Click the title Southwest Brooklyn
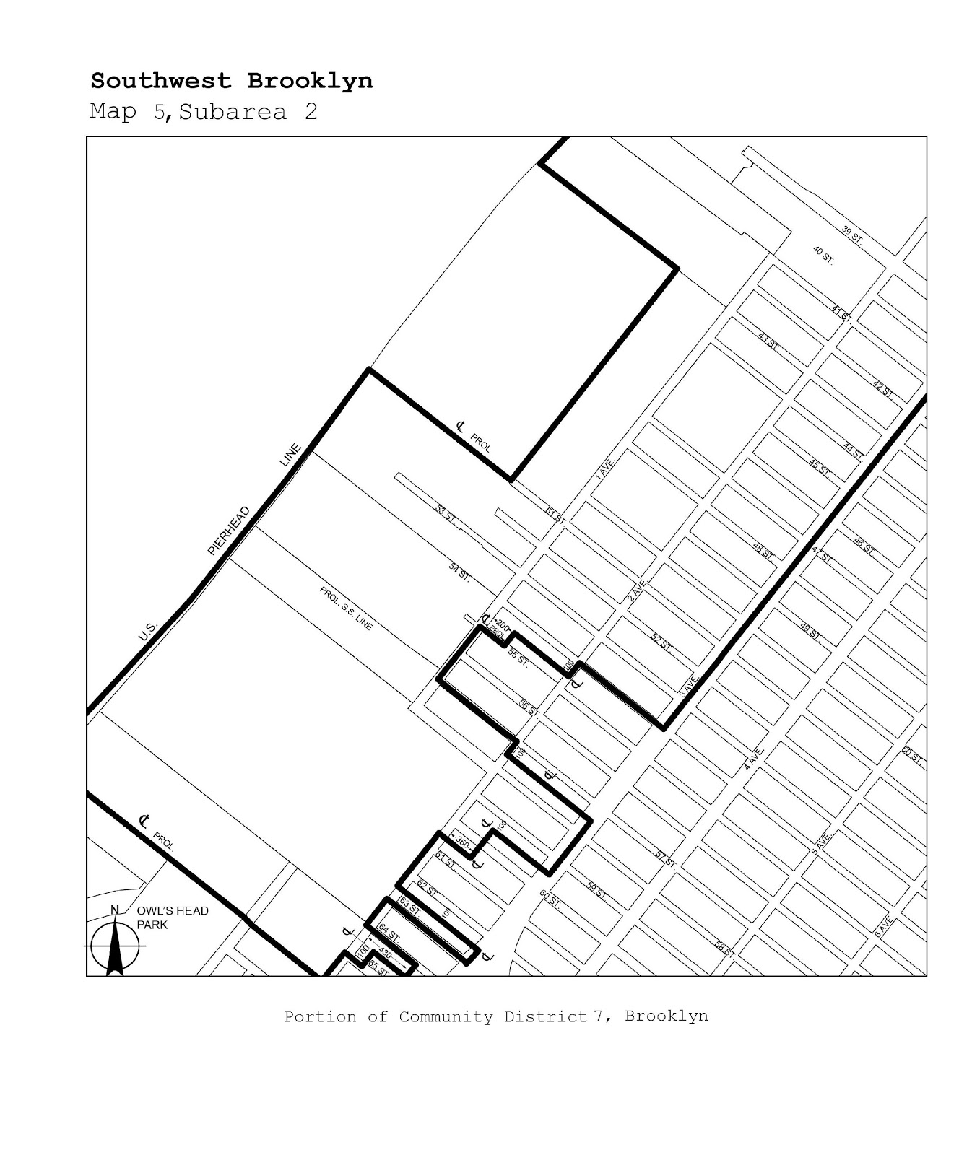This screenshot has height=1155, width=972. click(x=231, y=81)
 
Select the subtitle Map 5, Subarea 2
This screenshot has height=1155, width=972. click(x=203, y=113)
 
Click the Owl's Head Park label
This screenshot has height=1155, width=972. click(x=172, y=918)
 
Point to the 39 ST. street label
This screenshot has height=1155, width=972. click(x=852, y=235)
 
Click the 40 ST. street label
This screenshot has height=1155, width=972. click(x=823, y=256)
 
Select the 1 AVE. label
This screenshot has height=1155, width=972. click(x=604, y=468)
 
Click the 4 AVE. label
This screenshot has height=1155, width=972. click(x=755, y=759)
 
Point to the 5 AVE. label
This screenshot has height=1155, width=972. click(x=822, y=844)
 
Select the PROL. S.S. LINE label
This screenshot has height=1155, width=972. click(x=346, y=609)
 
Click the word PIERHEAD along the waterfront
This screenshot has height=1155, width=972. click(x=228, y=531)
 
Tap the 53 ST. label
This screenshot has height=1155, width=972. click(x=446, y=514)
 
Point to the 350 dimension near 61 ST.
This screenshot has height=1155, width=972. click(x=462, y=843)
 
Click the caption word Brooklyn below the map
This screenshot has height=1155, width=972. click(x=666, y=1016)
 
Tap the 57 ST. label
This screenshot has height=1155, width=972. click(x=664, y=858)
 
